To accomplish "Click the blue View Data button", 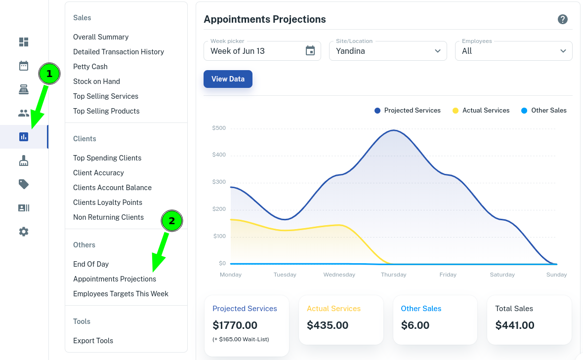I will point(228,79).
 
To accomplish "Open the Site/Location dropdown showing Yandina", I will point(388,51).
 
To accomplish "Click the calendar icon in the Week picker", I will point(310,51).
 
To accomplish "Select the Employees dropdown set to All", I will point(513,51).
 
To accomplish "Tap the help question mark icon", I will point(562,19).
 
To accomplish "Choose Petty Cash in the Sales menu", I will point(90,67).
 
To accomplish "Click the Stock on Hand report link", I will point(96,81).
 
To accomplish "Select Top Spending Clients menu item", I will point(107,158).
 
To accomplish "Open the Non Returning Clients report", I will point(108,217).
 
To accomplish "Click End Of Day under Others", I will point(91,264).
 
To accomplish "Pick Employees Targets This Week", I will point(121,294).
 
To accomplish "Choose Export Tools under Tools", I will point(93,341).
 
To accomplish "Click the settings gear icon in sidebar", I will point(24,232).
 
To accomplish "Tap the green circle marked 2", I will point(172,221).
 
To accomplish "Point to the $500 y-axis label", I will point(219,128).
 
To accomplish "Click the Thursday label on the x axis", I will point(393,275).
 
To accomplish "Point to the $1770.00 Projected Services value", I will point(235,325).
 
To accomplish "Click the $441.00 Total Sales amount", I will point(514,325).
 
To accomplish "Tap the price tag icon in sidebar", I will point(24,184).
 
